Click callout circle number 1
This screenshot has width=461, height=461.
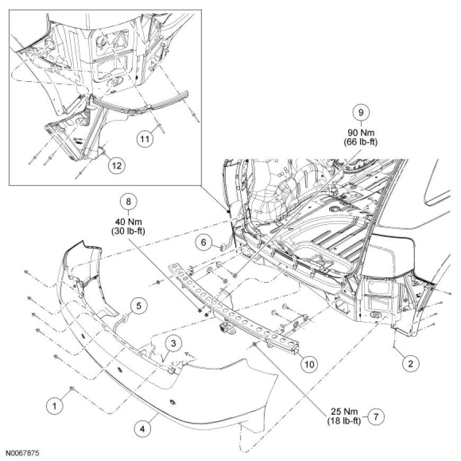point(54,406)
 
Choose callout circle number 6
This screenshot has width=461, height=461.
point(202,242)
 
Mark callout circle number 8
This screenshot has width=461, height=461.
point(127,201)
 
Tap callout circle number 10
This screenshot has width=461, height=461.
point(309,364)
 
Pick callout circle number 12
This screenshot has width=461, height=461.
point(116,165)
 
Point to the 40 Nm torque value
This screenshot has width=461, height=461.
point(127,220)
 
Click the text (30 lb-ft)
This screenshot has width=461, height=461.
point(127,230)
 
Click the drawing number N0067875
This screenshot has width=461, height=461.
point(23,454)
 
